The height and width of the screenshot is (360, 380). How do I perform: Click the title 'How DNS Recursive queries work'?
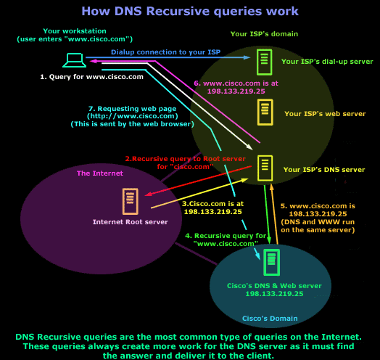click(x=190, y=12)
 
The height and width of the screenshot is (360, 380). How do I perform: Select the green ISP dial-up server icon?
click(x=265, y=62)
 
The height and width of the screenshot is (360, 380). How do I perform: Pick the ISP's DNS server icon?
click(x=266, y=168)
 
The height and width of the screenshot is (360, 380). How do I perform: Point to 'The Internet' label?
click(x=100, y=173)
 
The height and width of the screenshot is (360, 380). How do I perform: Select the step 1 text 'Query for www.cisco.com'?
click(x=79, y=76)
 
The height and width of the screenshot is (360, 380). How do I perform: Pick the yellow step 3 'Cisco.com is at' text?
click(x=212, y=208)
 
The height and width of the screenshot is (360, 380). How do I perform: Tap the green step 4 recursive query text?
click(x=226, y=240)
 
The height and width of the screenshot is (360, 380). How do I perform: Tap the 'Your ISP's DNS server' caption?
click(x=323, y=169)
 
